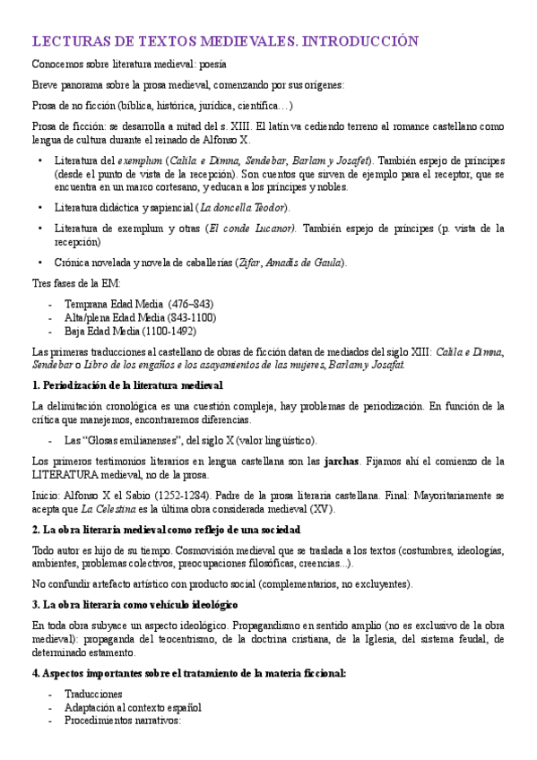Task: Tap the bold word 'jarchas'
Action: tap(341, 462)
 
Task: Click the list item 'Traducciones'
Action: tap(93, 694)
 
